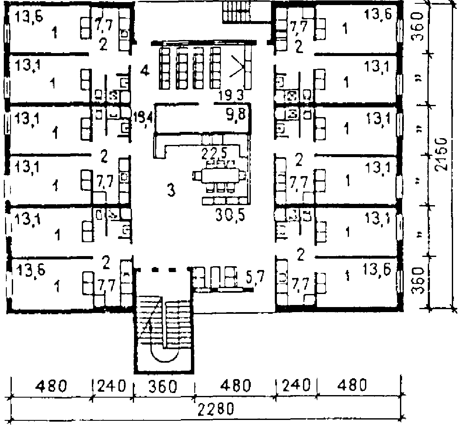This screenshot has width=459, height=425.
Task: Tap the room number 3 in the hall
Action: pos(170,190)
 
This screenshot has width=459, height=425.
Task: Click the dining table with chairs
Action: pos(219,175)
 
